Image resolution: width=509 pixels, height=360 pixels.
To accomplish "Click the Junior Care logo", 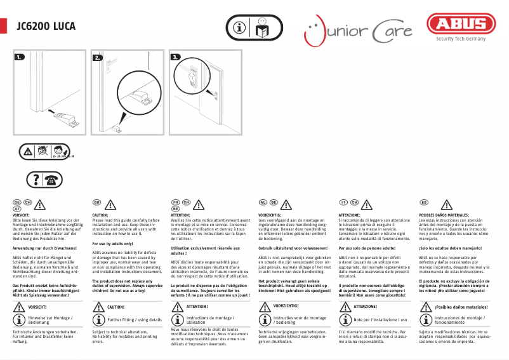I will [358, 29].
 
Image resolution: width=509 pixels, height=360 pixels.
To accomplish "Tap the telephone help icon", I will [44, 180].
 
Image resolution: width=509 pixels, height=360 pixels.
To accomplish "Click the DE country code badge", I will [17, 202].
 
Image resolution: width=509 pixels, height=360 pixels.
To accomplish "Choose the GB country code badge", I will [97, 202].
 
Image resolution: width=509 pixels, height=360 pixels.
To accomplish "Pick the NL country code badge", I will [263, 202].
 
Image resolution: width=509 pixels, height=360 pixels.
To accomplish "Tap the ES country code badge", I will [423, 202].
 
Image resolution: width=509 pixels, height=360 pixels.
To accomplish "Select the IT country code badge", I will [343, 202].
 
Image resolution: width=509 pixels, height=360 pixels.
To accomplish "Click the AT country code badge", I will [17, 208].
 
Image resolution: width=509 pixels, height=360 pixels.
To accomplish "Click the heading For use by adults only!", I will [112, 244].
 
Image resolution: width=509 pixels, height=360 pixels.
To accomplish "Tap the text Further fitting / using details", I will [135, 319].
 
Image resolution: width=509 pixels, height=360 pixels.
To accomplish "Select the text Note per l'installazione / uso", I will [380, 319].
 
